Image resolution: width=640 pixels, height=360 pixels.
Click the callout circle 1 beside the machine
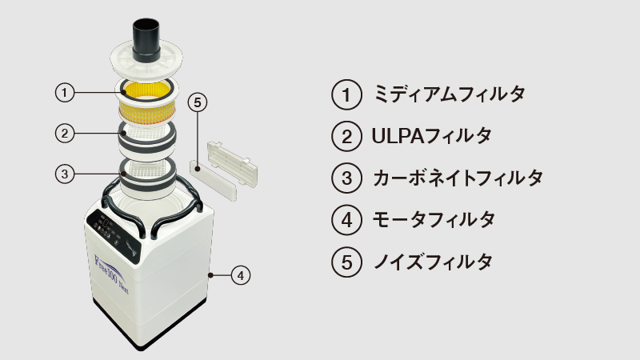65,93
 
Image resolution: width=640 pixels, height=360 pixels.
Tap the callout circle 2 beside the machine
65,134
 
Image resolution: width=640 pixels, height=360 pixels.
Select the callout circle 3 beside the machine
65,174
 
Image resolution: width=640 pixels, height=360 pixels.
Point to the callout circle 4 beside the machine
241,275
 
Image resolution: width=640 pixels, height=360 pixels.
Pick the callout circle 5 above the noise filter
198,102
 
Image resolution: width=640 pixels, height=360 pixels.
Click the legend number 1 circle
346,94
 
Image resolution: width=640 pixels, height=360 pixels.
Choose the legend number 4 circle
346,219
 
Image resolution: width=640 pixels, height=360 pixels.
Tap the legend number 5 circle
346,262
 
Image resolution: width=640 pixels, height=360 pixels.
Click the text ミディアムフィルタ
449,94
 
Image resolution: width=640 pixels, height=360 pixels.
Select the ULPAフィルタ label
432,136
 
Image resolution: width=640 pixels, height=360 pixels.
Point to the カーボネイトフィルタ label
458,178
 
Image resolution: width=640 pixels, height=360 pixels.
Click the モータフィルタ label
434,219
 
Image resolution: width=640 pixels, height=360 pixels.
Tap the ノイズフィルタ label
433,262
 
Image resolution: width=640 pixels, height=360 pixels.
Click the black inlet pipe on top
146,39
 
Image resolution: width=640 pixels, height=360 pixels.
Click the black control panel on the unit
114,234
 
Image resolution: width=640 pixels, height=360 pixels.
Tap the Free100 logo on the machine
111,274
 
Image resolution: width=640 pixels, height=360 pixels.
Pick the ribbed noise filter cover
232,164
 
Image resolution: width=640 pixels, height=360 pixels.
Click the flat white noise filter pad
213,179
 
